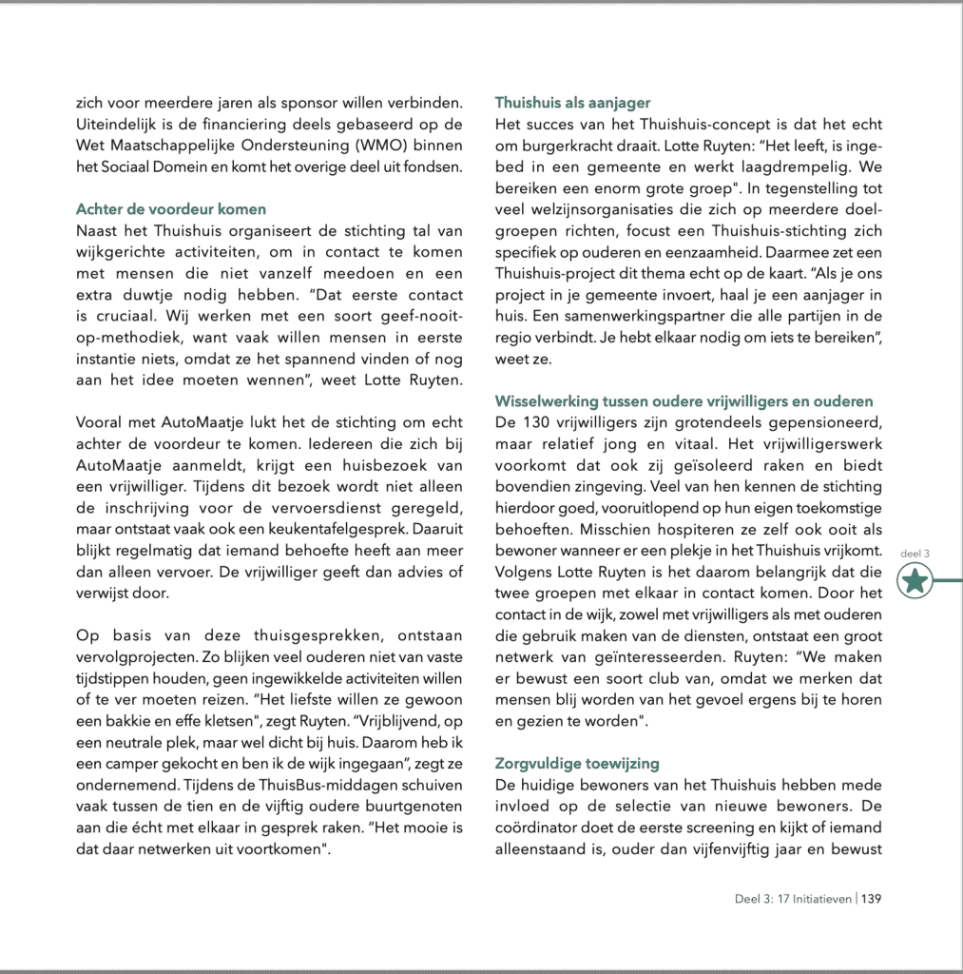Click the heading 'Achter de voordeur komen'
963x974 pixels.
[171, 208]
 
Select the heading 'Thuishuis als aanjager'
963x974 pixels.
[572, 103]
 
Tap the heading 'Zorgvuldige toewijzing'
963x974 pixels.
[577, 764]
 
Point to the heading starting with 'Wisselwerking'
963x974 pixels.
[684, 401]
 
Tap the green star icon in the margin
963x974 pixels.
[915, 580]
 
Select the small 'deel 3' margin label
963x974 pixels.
[914, 553]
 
